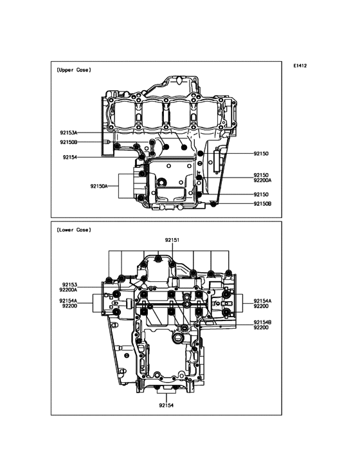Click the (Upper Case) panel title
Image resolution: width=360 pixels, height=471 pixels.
73,70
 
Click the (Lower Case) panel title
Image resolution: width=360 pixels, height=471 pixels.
73,230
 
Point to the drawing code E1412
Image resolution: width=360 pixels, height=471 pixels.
300,66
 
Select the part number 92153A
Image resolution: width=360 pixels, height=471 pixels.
68,133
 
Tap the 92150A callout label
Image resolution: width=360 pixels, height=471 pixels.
99,186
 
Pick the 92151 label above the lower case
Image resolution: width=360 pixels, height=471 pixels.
172,240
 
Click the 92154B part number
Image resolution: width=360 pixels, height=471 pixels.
262,322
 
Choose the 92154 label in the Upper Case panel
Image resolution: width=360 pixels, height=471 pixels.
70,157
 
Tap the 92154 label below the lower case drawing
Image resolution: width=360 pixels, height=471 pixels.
166,405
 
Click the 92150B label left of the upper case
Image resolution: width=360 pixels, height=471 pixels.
68,142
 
